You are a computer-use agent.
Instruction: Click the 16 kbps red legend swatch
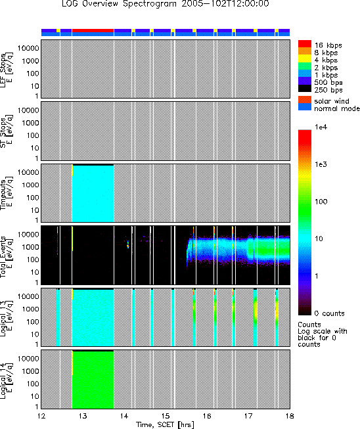click(304, 44)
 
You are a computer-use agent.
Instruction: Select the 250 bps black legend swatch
click(304, 89)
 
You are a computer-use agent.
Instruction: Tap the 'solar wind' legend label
click(332, 101)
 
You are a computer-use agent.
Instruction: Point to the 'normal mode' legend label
click(337, 108)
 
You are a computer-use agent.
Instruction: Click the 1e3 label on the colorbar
click(321, 164)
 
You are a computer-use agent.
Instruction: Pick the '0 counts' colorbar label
click(329, 313)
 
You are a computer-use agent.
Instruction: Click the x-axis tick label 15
click(166, 416)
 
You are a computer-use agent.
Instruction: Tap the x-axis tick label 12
click(41, 416)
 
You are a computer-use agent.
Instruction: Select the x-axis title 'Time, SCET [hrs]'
click(166, 424)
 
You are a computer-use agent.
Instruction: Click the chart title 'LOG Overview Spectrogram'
click(120, 4)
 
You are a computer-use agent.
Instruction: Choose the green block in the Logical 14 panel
click(93, 380)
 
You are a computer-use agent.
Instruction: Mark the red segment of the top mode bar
click(93, 30)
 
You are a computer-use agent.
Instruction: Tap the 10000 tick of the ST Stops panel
click(28, 110)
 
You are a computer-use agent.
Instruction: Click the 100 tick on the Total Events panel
click(33, 260)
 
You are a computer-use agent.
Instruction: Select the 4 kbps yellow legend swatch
click(304, 58)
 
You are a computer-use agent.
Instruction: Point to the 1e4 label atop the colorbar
click(321, 127)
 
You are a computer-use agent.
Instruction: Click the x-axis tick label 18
click(290, 416)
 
